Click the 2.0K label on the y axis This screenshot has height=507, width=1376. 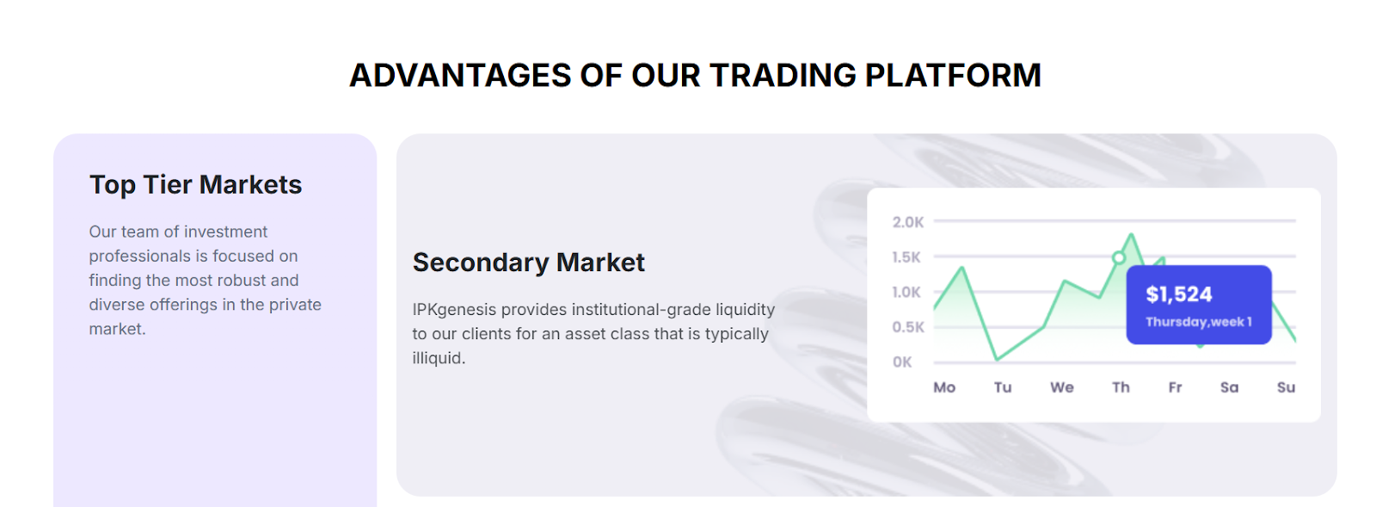(x=908, y=222)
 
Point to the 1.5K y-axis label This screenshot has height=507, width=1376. (x=906, y=257)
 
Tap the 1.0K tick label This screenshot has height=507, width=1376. (x=906, y=292)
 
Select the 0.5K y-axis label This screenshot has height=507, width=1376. (x=908, y=327)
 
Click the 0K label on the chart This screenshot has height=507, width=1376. (x=902, y=362)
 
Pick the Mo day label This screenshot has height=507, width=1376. (x=944, y=387)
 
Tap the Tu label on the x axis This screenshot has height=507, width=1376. (x=1003, y=387)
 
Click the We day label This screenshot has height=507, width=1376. (x=1061, y=387)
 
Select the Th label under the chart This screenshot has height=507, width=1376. (x=1121, y=387)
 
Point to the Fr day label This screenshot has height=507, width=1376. (x=1175, y=387)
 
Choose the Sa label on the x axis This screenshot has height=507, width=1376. (x=1229, y=387)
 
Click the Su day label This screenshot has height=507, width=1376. (x=1287, y=387)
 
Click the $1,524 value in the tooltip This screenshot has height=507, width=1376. (x=1179, y=294)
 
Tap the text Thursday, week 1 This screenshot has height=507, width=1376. (x=1199, y=322)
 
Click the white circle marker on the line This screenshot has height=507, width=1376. (x=1119, y=257)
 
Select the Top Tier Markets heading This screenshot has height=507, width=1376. (x=195, y=184)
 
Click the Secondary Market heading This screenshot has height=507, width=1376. (x=528, y=263)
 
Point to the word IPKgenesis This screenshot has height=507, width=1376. (x=454, y=310)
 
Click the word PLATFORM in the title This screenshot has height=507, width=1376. (x=953, y=76)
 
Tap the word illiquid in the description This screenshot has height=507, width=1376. (x=439, y=358)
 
